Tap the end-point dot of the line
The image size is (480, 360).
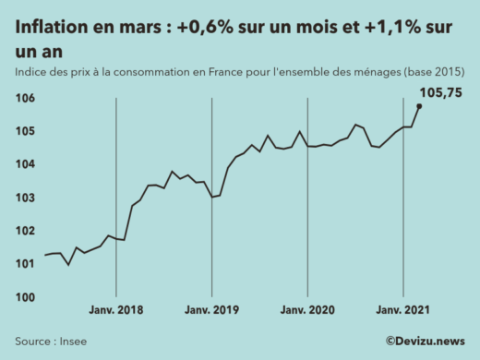point(419,106)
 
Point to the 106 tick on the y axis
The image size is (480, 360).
point(26,98)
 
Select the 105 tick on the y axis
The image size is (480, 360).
point(26,131)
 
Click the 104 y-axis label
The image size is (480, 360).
point(26,164)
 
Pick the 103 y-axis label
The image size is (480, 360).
point(26,198)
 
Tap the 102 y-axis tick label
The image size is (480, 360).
point(26,231)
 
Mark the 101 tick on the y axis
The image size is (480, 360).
point(26,264)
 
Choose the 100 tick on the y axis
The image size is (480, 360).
point(26,297)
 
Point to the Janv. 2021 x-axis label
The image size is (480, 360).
point(403,311)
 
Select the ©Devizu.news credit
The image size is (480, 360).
point(425,341)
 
